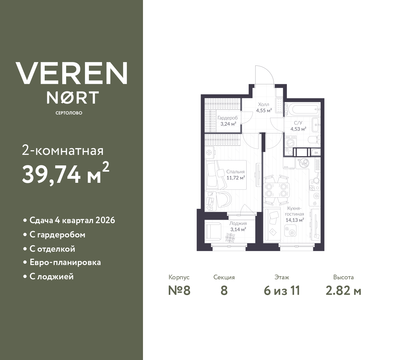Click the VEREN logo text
tap(71, 73)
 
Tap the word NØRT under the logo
tap(73, 97)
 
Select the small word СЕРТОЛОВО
tap(69, 113)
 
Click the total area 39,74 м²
tap(65, 174)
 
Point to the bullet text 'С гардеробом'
tap(57, 235)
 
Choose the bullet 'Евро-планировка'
tap(65, 262)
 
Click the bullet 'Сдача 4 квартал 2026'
tap(72, 220)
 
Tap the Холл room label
tap(264, 104)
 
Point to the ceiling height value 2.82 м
tap(343, 291)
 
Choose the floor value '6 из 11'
tap(282, 291)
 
